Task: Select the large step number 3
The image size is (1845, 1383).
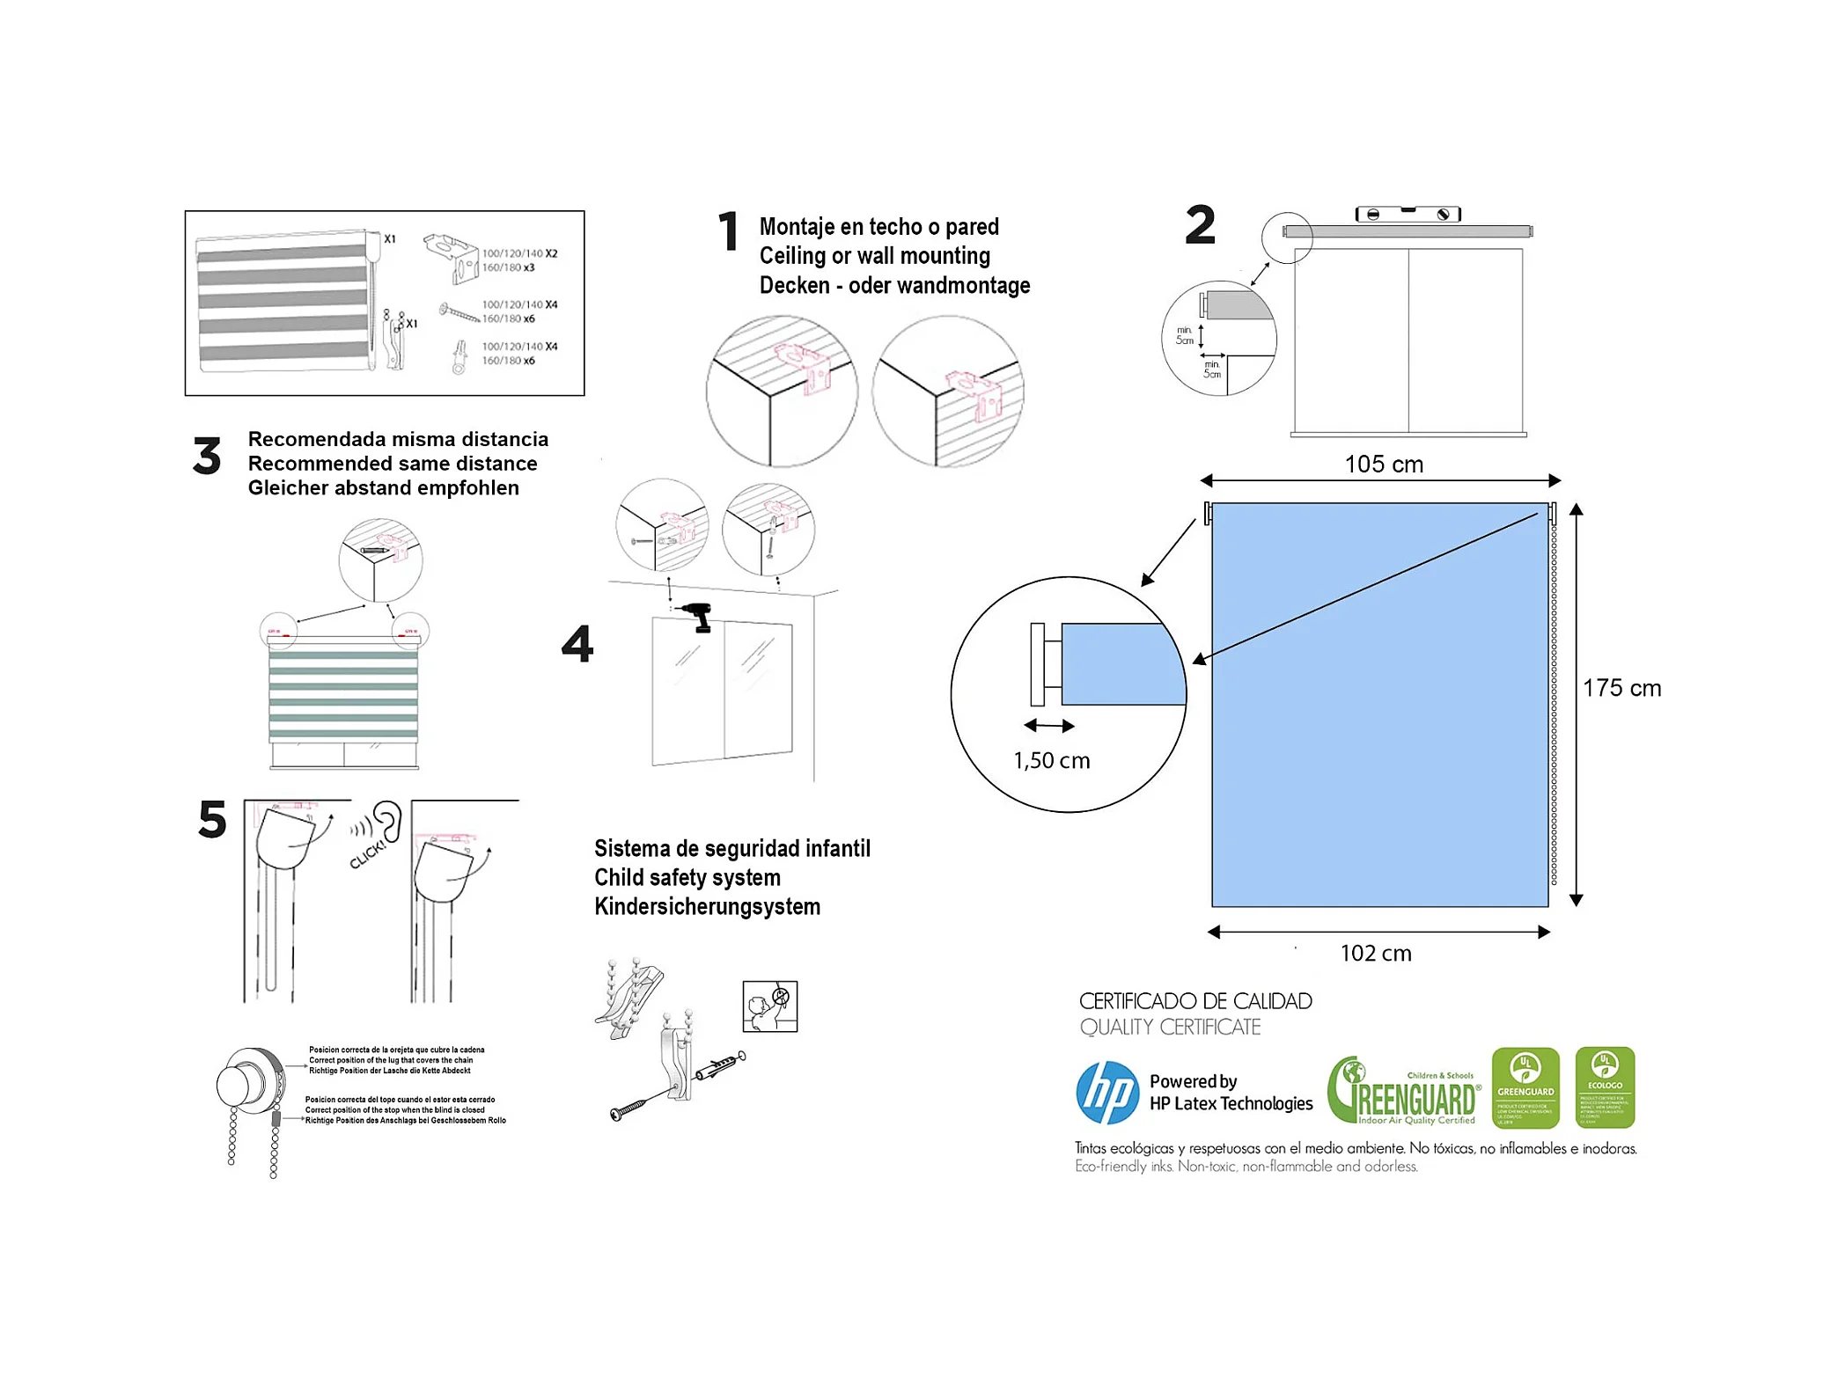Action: (x=207, y=457)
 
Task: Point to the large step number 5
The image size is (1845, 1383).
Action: (x=212, y=820)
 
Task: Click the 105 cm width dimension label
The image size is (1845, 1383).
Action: (x=1383, y=465)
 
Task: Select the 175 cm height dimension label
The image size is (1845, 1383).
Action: (x=1621, y=688)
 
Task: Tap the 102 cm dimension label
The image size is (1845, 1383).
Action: (x=1376, y=954)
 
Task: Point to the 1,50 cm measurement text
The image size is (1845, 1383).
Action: (x=1051, y=761)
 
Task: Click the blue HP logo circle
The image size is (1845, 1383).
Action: (x=1107, y=1093)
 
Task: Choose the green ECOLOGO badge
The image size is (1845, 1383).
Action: (x=1605, y=1087)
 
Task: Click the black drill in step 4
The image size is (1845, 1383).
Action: (x=699, y=617)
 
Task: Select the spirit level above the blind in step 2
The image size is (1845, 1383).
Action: (x=1408, y=214)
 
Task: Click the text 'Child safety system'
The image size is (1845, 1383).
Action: (x=687, y=878)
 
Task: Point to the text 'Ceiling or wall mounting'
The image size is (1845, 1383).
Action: (x=874, y=256)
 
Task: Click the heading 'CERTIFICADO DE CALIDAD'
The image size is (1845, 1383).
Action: (x=1195, y=1001)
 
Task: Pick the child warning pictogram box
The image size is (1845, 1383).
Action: (x=770, y=1006)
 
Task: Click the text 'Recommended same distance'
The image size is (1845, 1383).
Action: (x=393, y=464)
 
